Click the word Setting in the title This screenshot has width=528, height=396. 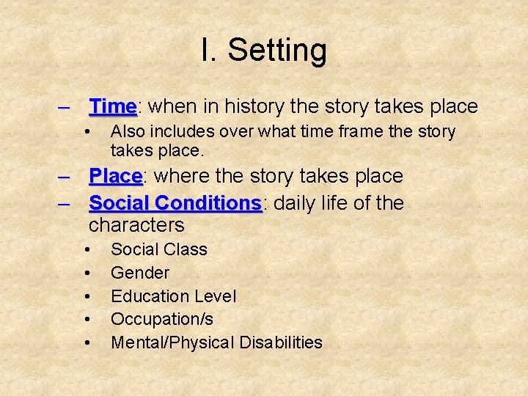(x=277, y=51)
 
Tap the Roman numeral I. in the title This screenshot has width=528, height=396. (x=208, y=51)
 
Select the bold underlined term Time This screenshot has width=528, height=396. (x=112, y=107)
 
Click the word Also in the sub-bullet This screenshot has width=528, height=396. (x=126, y=132)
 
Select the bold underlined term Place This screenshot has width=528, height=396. (x=115, y=177)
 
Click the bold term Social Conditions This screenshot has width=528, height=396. (x=175, y=203)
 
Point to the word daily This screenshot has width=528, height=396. (x=299, y=203)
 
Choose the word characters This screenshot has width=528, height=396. (x=136, y=225)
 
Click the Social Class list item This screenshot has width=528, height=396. (x=158, y=249)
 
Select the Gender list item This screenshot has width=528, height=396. (x=139, y=273)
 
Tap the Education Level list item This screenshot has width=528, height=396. (x=173, y=296)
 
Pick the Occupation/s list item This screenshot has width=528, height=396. (x=162, y=319)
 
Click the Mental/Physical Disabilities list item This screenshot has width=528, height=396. (x=216, y=342)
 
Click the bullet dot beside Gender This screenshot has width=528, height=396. (x=87, y=274)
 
